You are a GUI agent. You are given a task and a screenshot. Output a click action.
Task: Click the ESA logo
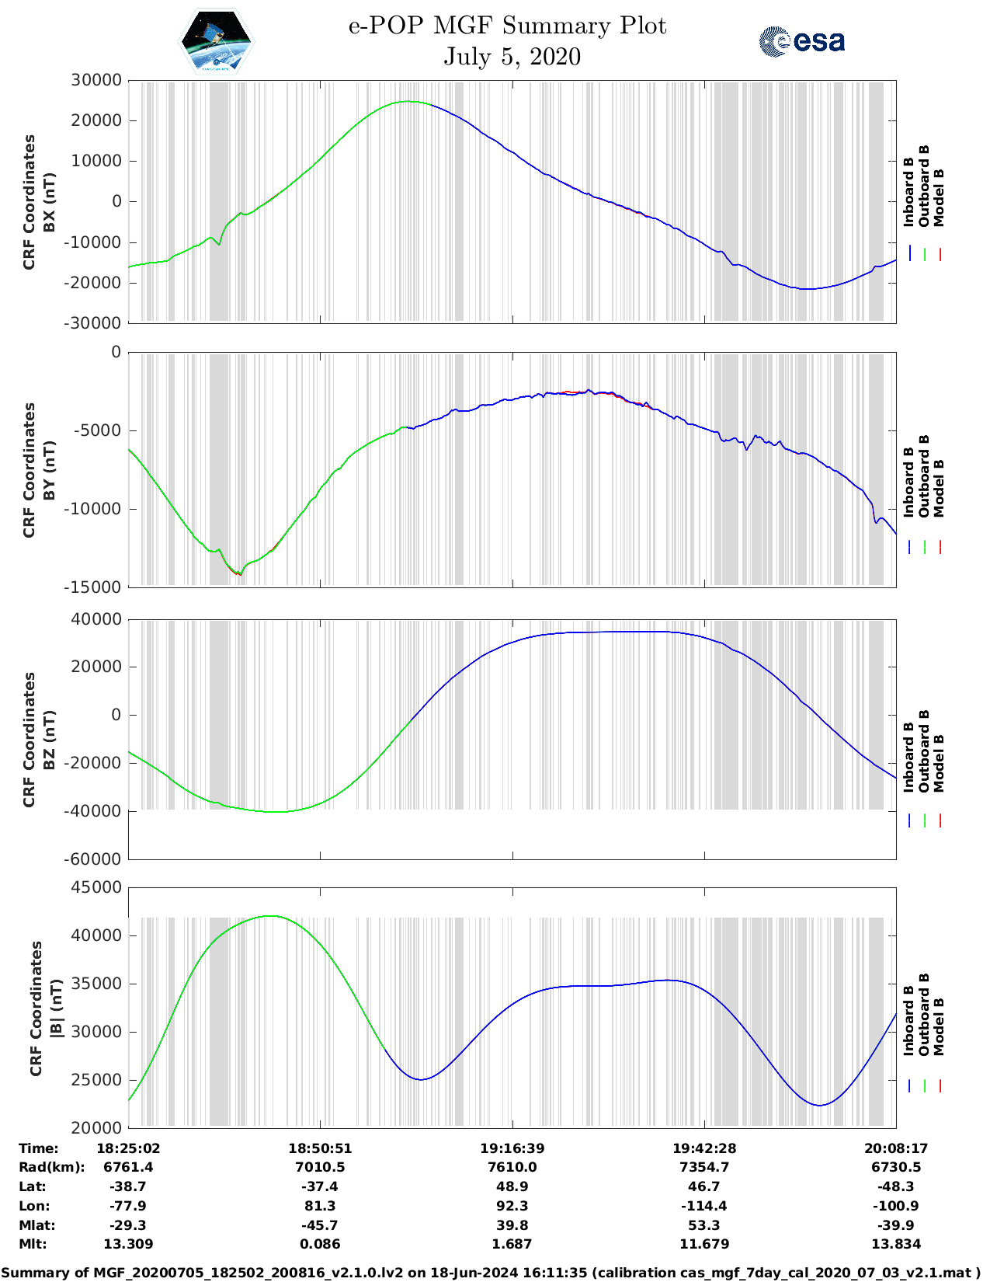click(x=801, y=41)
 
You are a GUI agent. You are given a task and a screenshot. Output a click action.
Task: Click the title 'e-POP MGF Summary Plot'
click(x=507, y=26)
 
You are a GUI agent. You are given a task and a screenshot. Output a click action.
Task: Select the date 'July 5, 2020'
click(x=512, y=57)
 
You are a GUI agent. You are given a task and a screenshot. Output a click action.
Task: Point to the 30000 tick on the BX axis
click(x=96, y=80)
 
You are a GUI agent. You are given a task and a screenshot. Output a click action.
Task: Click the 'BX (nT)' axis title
click(x=50, y=201)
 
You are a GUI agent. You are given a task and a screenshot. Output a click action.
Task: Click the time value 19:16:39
click(x=512, y=1148)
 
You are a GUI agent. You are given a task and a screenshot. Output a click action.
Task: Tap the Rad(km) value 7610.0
click(x=512, y=1167)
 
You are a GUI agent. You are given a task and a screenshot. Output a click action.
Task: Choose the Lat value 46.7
click(x=703, y=1186)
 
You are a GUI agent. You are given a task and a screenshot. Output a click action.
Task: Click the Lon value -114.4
click(x=703, y=1206)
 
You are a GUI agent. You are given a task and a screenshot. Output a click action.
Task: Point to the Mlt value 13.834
click(x=896, y=1244)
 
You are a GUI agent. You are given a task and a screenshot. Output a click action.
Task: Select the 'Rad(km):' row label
click(x=52, y=1167)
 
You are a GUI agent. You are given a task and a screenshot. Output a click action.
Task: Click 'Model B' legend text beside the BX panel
click(x=939, y=197)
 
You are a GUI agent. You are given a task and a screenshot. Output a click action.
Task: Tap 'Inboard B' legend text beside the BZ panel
click(x=908, y=758)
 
